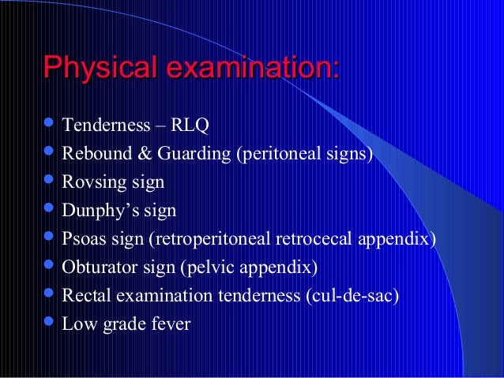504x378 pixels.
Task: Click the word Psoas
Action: tap(83, 239)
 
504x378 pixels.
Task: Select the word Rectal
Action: tap(86, 296)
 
